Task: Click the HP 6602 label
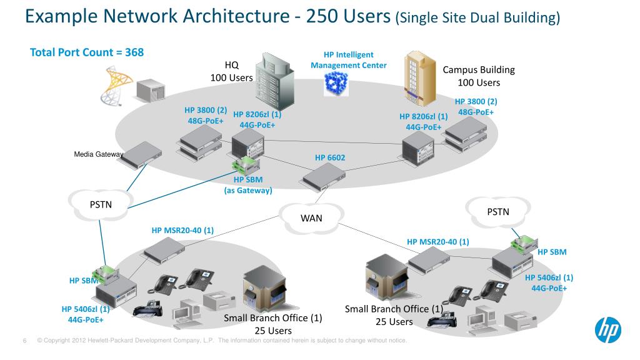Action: pyautogui.click(x=330, y=157)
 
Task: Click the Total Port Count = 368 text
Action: pyautogui.click(x=87, y=52)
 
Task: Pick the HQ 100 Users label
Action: pyautogui.click(x=232, y=71)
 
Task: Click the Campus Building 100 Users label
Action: pyautogui.click(x=479, y=76)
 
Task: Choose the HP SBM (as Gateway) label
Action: pyautogui.click(x=248, y=185)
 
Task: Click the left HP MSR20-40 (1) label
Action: pyautogui.click(x=182, y=230)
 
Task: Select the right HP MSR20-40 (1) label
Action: pyautogui.click(x=437, y=241)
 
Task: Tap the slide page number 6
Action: pyautogui.click(x=24, y=341)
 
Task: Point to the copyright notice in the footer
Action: pyautogui.click(x=222, y=341)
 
